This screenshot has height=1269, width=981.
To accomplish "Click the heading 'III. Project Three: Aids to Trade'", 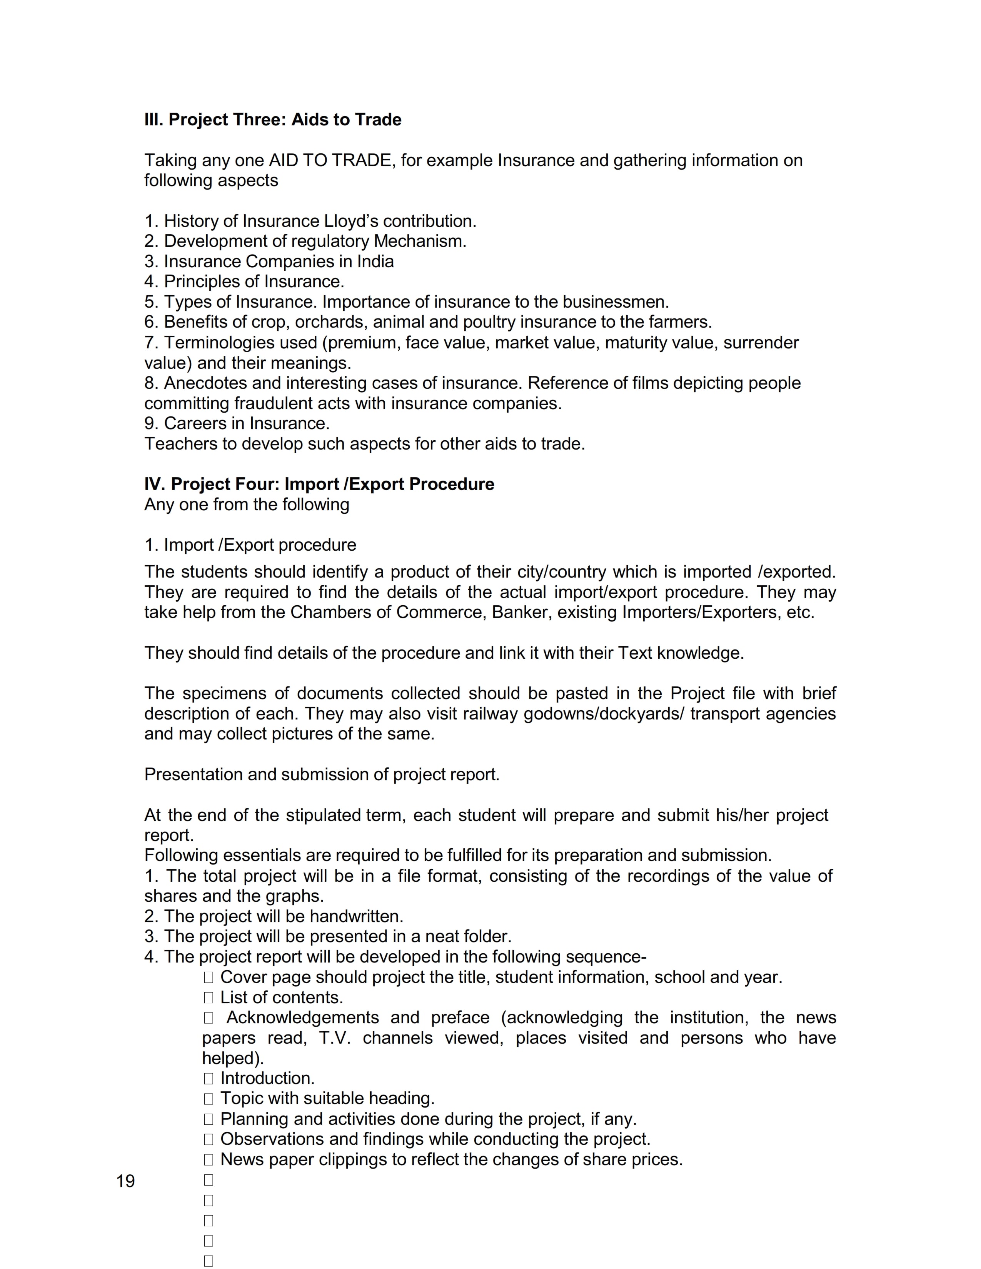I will pos(273,120).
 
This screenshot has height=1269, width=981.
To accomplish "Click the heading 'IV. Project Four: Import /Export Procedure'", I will pos(319,484).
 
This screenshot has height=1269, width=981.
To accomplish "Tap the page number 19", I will pos(125,1181).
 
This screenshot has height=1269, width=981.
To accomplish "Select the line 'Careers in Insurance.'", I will pos(237,423).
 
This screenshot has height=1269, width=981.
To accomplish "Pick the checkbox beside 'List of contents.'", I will pos(209,998).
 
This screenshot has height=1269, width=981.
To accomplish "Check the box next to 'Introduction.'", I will pos(209,1078).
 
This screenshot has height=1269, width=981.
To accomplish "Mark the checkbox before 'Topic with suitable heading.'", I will pos(209,1099).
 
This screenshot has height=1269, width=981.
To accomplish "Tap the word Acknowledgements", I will pos(303,1018).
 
